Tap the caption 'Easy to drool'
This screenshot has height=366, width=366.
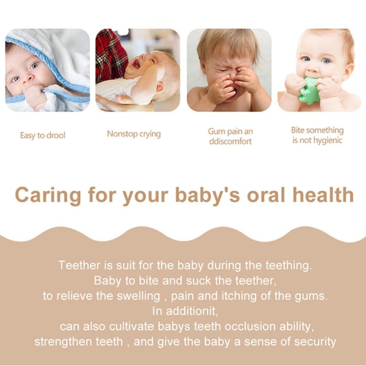[x=43, y=135]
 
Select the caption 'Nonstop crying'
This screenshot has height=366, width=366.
[x=134, y=134]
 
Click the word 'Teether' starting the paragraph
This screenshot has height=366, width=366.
[x=75, y=265]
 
